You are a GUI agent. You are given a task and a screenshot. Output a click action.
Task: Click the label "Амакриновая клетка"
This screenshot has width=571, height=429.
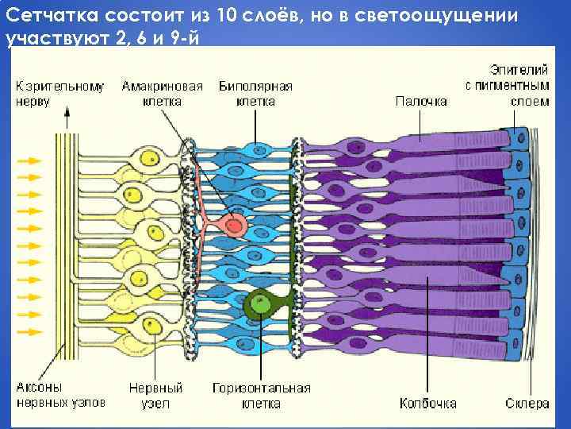coord(162,94)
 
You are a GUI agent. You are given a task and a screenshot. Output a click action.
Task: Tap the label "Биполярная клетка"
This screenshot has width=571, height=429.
coord(255,94)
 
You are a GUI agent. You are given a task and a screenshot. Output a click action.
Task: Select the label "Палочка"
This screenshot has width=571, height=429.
coord(421,101)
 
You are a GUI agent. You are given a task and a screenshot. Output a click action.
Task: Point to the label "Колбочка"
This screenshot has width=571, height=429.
coord(428,404)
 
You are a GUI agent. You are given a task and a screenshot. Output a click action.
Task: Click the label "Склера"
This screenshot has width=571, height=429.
coord(527,404)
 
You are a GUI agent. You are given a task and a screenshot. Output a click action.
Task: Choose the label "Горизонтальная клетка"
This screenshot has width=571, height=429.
coord(262,396)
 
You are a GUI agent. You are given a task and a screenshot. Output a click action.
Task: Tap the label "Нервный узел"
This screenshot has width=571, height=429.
coord(155,396)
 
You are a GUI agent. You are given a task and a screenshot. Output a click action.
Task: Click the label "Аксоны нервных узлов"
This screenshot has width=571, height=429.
coord(60,396)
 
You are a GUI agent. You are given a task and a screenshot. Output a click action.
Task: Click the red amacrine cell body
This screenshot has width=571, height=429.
coord(235,226)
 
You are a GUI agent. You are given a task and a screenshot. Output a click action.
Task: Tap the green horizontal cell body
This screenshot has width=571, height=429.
coord(259,303)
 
